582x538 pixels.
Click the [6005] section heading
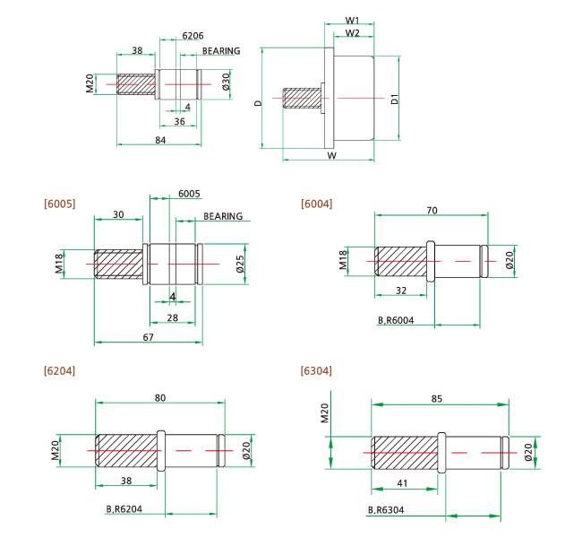[x=59, y=204]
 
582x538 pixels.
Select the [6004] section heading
[x=317, y=204]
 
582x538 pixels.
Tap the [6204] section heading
[x=59, y=370]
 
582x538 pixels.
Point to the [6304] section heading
[x=317, y=370]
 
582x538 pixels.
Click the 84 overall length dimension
[x=160, y=139]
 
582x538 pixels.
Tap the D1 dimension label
[x=395, y=101]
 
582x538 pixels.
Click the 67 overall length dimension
[x=149, y=336]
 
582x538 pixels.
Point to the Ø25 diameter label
[x=240, y=264]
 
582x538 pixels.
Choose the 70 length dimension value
[x=432, y=210]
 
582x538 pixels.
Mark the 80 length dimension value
[x=160, y=396]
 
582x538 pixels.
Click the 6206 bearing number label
[x=192, y=36]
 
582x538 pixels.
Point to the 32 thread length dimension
[x=400, y=290]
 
